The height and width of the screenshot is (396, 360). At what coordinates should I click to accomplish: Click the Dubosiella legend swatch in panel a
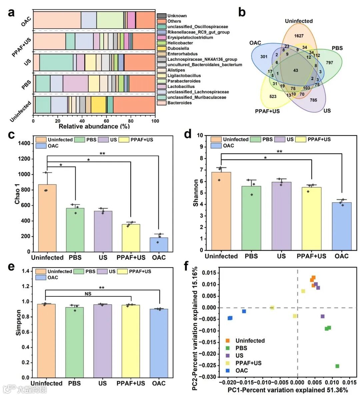[162, 48]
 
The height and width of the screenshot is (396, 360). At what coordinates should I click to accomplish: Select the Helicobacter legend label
[180, 43]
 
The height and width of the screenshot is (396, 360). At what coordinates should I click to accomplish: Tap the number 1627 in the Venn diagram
[299, 36]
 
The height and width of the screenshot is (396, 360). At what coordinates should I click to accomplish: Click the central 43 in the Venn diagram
[296, 70]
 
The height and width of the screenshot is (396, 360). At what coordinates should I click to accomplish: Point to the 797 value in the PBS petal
[329, 62]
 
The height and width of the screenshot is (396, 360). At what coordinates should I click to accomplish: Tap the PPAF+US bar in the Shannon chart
[311, 218]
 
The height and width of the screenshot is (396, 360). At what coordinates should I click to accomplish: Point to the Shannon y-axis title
[196, 193]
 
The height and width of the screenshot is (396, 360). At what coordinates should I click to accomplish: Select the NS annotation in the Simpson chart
[88, 294]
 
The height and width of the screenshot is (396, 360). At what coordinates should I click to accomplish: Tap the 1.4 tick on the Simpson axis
[26, 271]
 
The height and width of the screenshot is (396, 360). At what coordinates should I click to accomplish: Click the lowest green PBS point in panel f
[337, 366]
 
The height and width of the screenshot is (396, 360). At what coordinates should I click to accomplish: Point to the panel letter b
[242, 12]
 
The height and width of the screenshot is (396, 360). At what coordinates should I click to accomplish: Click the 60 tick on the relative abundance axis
[106, 121]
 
